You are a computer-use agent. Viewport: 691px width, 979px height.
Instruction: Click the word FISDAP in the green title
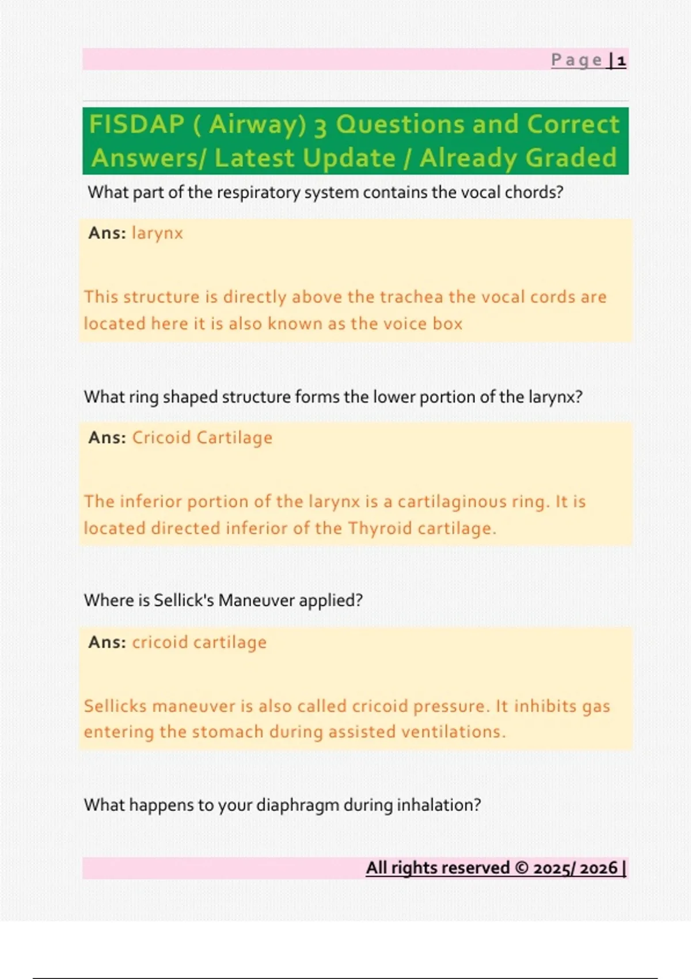click(136, 124)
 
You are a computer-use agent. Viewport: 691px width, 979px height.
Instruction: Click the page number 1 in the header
click(621, 60)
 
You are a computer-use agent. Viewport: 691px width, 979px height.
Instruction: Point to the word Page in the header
click(576, 60)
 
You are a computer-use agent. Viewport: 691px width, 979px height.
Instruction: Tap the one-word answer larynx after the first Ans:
click(157, 233)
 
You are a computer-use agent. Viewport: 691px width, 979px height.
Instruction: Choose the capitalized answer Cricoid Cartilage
click(202, 438)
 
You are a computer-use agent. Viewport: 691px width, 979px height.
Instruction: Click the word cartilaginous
click(453, 502)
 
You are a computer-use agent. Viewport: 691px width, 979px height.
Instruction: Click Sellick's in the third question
click(184, 601)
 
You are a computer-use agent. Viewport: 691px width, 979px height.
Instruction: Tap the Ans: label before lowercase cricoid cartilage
click(107, 642)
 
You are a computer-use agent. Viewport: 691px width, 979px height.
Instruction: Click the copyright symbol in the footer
click(521, 868)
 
